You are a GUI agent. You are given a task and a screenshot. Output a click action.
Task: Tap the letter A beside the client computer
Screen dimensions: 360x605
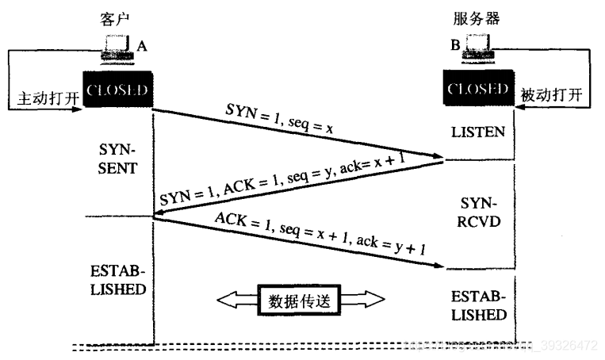pos(142,47)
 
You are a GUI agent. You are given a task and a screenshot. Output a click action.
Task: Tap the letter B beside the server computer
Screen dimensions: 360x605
pos(456,47)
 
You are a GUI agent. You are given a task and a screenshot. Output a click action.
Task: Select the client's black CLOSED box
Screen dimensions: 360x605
pos(117,90)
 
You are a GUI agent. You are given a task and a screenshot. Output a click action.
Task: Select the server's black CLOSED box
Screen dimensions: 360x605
pos(479,89)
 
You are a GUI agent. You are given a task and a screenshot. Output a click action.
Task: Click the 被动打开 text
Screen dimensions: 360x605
pos(551,95)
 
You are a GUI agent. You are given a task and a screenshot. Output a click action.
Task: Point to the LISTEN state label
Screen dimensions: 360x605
pos(479,131)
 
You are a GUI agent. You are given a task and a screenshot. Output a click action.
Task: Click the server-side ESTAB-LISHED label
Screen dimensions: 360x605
pos(479,306)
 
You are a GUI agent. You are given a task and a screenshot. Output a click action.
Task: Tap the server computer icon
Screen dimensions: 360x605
pos(479,49)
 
